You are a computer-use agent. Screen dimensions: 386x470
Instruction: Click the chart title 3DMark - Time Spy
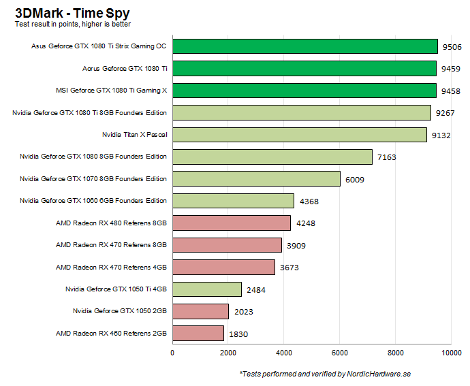coord(72,12)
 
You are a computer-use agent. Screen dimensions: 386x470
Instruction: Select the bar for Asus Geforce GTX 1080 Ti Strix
coord(304,46)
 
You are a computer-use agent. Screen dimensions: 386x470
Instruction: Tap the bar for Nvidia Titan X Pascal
coord(299,135)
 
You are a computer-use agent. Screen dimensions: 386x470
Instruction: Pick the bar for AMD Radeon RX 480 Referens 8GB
coord(232,223)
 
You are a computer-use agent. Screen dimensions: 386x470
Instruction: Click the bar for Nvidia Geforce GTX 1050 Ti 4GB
coord(207,289)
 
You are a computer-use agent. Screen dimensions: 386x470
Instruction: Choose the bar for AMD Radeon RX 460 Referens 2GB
coord(198,334)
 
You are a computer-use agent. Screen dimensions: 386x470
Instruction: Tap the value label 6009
coord(354,180)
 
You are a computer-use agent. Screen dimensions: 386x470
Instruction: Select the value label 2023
coord(242,312)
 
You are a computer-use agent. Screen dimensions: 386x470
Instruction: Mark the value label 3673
coord(289,268)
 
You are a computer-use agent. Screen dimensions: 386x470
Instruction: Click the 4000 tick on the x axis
coord(284,353)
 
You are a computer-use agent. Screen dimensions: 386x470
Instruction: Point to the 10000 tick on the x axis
coord(451,353)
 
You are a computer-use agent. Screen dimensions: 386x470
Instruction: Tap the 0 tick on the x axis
coord(172,353)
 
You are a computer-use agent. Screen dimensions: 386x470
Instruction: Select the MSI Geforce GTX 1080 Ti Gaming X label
coord(111,91)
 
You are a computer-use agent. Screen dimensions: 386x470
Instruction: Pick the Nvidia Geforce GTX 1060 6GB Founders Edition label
coord(93,201)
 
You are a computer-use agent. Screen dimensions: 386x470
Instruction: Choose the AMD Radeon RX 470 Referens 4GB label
coord(111,267)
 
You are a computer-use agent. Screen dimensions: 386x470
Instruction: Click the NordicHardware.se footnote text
coord(325,374)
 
